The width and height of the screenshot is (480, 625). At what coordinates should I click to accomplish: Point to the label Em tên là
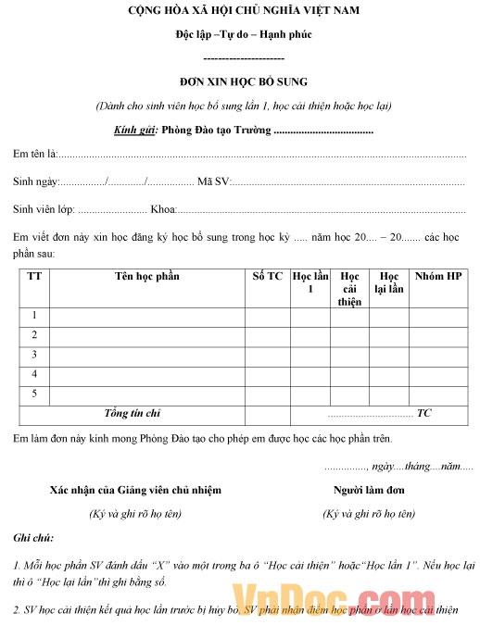pos(35,154)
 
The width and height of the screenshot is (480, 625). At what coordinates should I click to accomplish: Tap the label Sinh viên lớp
pos(44,209)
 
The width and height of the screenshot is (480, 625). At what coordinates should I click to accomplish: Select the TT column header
pos(34,277)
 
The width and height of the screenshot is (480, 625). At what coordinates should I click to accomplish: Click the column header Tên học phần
pos(146,277)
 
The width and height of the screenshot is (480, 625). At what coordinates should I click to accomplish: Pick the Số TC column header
pos(267,277)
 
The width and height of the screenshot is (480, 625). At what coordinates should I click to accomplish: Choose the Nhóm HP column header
pos(437,277)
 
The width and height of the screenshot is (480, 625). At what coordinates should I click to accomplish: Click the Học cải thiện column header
pos(349,289)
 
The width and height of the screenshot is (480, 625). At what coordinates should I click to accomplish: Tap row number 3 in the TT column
pos(34,355)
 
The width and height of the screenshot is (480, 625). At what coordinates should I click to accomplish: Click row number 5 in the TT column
pos(34,394)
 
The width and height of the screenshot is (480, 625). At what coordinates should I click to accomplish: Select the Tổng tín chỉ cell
pos(133,413)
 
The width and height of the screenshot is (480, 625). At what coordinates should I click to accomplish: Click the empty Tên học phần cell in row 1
pos(146,317)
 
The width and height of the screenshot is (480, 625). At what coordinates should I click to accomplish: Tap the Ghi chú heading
pos(33,538)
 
